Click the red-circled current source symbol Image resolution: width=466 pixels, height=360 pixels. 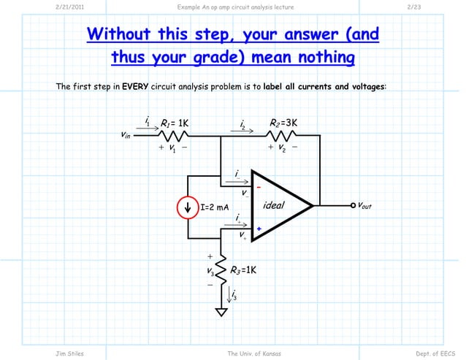[x=188, y=207]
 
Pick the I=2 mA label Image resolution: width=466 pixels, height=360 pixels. [x=215, y=208]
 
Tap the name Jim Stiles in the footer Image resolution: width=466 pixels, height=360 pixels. [x=69, y=353]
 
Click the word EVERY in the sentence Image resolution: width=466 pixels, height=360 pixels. [x=135, y=87]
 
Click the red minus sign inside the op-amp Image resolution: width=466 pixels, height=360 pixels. [x=258, y=187]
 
